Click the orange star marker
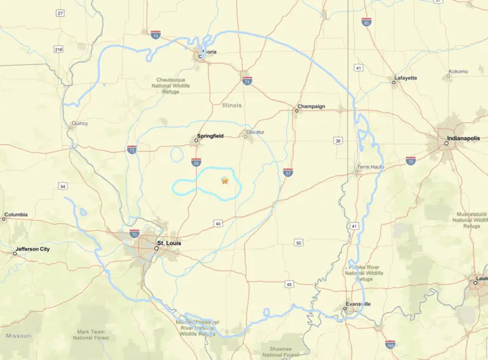224,181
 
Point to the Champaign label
311,106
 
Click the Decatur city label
255,132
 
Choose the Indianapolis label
461,137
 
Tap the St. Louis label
168,242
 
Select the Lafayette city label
405,78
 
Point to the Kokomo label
458,71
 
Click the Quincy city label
80,123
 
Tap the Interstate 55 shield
196,162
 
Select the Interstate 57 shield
288,172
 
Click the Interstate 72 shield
132,149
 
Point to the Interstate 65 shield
366,22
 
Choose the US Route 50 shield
298,242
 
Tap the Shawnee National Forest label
281,352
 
